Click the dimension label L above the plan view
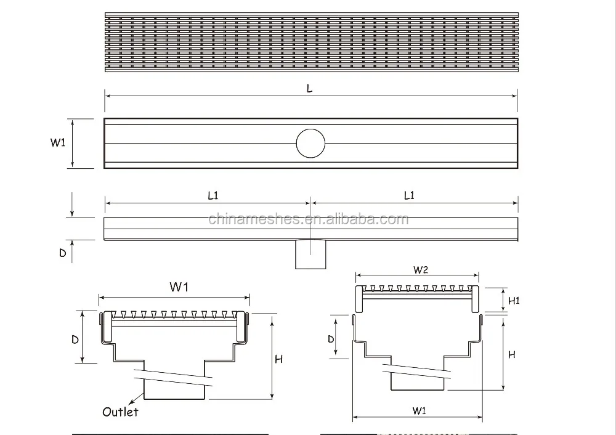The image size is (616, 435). tap(310, 89)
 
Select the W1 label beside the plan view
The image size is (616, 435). tap(58, 143)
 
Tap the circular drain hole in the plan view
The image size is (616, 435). tap(310, 144)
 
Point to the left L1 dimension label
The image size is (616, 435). tap(213, 196)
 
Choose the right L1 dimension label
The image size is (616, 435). tap(409, 196)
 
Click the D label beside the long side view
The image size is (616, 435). tap(62, 253)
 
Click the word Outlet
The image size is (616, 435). tap(121, 412)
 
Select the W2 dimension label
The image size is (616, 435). tap(421, 269)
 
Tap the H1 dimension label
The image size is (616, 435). tap(515, 301)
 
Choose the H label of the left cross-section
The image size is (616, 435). tap(278, 359)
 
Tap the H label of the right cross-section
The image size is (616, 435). tap(511, 354)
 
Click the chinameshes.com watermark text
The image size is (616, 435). tap(308, 219)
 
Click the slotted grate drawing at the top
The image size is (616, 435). tap(310, 41)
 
